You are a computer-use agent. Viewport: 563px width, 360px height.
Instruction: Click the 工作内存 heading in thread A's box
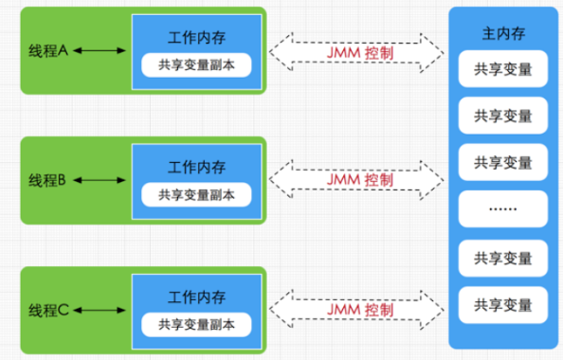click(x=197, y=38)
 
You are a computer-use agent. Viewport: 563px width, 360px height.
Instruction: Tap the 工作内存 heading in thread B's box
click(x=197, y=167)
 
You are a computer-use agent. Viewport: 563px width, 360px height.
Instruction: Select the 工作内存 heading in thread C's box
click(x=197, y=297)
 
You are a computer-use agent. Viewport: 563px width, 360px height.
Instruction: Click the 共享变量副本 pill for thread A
click(x=197, y=65)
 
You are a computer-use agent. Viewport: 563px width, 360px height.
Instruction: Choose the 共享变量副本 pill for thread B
click(x=197, y=194)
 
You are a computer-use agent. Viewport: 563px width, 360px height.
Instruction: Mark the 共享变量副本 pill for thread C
click(x=197, y=324)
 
